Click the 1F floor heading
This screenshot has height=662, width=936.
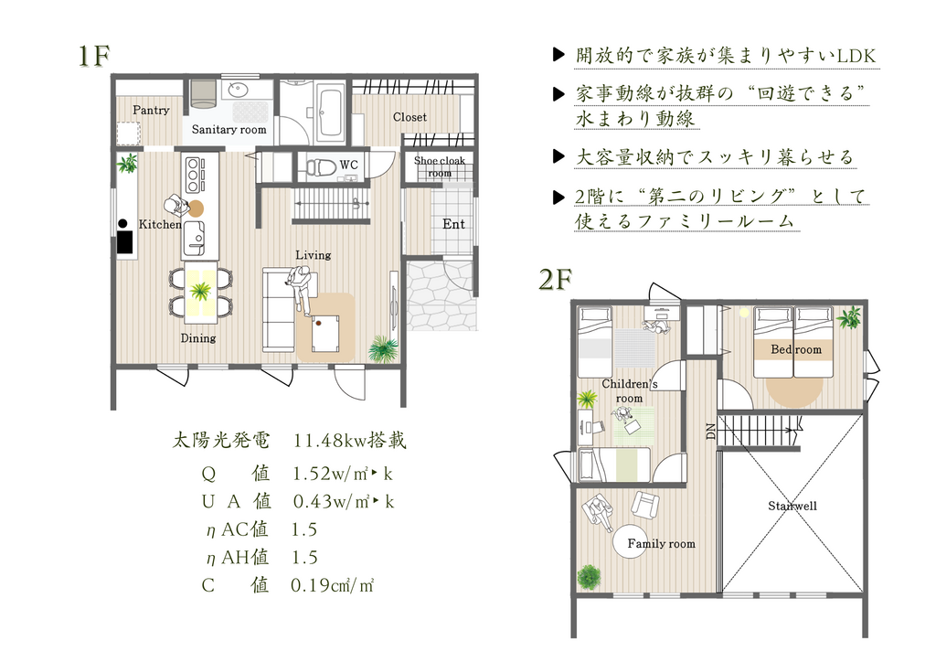point(94,56)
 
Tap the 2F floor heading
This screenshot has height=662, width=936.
point(556,279)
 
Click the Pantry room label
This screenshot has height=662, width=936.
point(151,110)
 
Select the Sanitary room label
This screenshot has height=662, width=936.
point(229,129)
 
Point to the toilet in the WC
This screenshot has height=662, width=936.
point(319,166)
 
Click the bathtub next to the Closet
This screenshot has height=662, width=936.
point(330,112)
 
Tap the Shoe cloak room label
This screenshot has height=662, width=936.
point(440,166)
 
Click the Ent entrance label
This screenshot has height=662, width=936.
point(453,224)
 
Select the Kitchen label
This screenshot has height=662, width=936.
point(160,224)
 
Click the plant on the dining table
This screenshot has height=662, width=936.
point(200,293)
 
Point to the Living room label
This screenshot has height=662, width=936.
point(313,255)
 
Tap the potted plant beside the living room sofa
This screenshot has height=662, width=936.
point(383,348)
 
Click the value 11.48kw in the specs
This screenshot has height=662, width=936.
point(329,441)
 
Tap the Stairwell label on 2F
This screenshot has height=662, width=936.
point(792,506)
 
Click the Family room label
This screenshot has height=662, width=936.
point(662,543)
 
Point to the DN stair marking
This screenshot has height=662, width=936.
point(710,432)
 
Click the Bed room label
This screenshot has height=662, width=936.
point(796,349)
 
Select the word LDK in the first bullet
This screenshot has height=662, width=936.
point(856,56)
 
